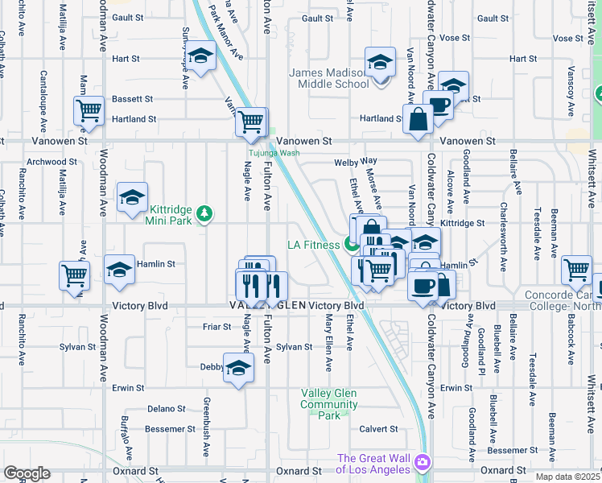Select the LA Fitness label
click(314, 245)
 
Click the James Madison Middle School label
click(329, 78)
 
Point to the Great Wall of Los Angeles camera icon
click(423, 463)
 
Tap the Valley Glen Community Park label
click(329, 404)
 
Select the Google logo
click(27, 473)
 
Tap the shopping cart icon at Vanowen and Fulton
click(251, 122)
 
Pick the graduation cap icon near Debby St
click(237, 369)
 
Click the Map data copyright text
click(567, 477)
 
